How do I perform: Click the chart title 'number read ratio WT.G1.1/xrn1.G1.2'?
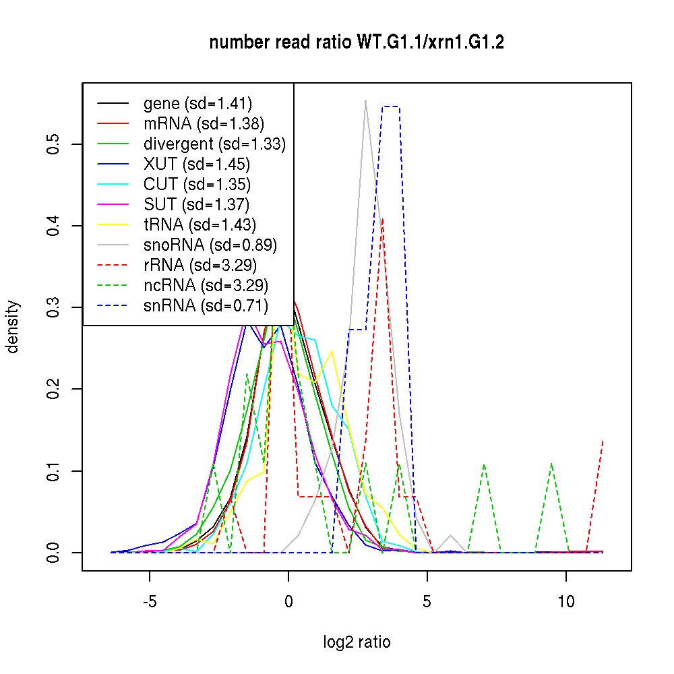tap(357, 42)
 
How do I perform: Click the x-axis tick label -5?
tap(150, 601)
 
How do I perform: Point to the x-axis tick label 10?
tap(566, 601)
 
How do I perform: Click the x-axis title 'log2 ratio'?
tap(357, 642)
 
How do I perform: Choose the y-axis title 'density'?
tap(13, 327)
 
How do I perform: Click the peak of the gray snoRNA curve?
tap(365, 100)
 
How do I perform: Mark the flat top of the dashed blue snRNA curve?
tap(391, 106)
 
